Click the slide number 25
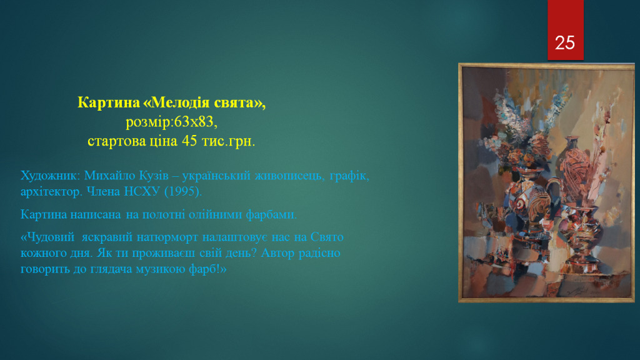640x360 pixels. pyautogui.click(x=565, y=43)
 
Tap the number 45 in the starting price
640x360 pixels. pyautogui.click(x=189, y=141)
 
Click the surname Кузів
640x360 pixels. pyautogui.click(x=154, y=176)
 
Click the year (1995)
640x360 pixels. pyautogui.click(x=183, y=192)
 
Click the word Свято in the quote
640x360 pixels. pyautogui.click(x=327, y=237)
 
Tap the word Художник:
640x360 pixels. pyautogui.click(x=51, y=176)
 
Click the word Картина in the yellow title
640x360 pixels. pyautogui.click(x=109, y=102)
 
